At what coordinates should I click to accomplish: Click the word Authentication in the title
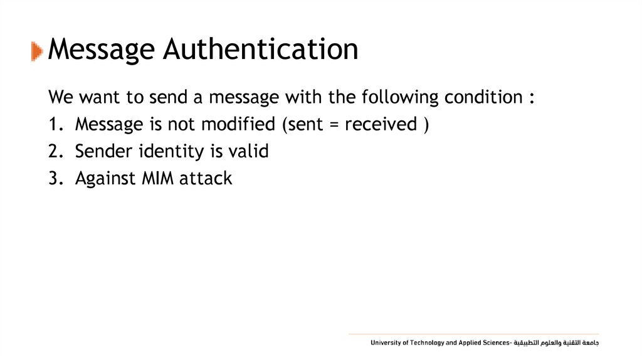(261, 49)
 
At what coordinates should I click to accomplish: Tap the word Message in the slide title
(102, 49)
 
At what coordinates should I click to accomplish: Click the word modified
(239, 124)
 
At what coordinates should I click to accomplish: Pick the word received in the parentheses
(381, 124)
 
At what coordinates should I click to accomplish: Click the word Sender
(103, 151)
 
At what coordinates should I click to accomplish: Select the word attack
(206, 178)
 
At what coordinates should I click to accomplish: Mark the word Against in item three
(105, 179)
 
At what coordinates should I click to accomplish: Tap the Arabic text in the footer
(557, 343)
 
